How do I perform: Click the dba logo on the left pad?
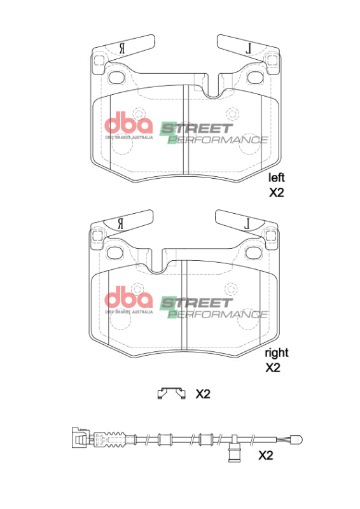coord(128,123)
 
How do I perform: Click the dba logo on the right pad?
coord(128,298)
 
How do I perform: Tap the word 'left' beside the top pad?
coord(276,178)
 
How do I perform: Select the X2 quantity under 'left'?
coord(275,193)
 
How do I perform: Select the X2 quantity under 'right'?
coord(273,368)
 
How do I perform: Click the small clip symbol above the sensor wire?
coord(171,394)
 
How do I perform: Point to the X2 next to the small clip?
coord(202,394)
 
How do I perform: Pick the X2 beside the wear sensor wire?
coord(265,456)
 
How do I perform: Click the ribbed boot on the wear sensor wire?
coord(114,438)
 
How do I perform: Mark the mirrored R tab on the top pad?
coord(122,48)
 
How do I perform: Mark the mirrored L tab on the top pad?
coord(248,47)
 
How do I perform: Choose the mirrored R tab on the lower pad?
coord(121,223)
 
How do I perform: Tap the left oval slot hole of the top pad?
coord(117,78)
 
